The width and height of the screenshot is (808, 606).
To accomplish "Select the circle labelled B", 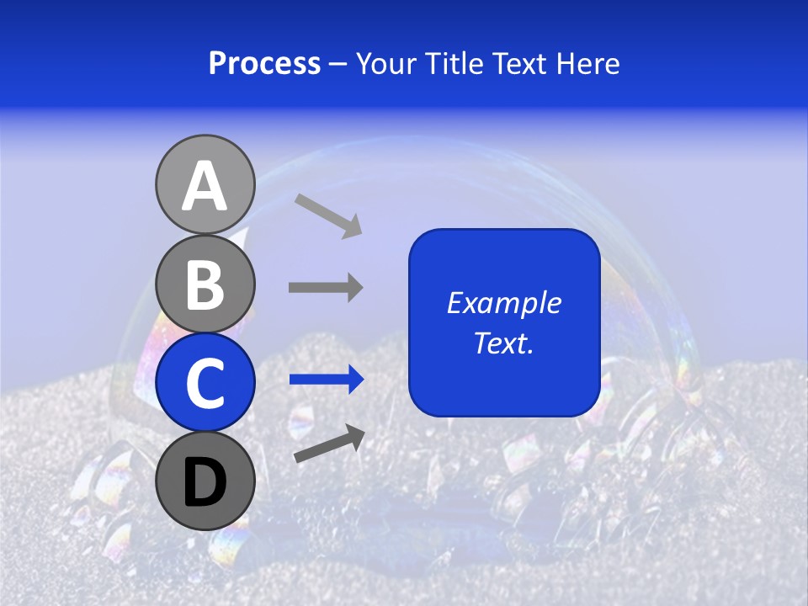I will point(205,284).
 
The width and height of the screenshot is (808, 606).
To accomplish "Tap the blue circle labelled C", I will point(205,382).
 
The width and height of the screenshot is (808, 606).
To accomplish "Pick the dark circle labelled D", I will point(205,481).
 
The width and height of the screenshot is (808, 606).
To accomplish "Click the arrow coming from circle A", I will point(328,215).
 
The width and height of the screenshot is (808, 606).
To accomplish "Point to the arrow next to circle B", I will point(326,287).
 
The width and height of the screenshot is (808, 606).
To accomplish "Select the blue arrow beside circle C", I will point(326,380).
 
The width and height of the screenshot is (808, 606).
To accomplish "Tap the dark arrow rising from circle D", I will point(329,444).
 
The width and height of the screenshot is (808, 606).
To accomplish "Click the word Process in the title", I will point(264,64).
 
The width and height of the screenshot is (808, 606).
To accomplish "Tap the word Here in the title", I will point(588,64).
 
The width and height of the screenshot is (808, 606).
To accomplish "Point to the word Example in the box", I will point(503,303).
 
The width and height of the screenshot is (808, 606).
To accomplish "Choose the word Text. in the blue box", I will point(503,343).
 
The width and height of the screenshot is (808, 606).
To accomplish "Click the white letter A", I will point(205,186).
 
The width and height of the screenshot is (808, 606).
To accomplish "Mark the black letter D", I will point(205,482).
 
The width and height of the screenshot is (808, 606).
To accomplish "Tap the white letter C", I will point(205,383).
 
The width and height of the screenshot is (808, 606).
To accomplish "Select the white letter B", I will point(205,284).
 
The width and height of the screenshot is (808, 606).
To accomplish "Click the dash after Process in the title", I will point(338,65).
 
